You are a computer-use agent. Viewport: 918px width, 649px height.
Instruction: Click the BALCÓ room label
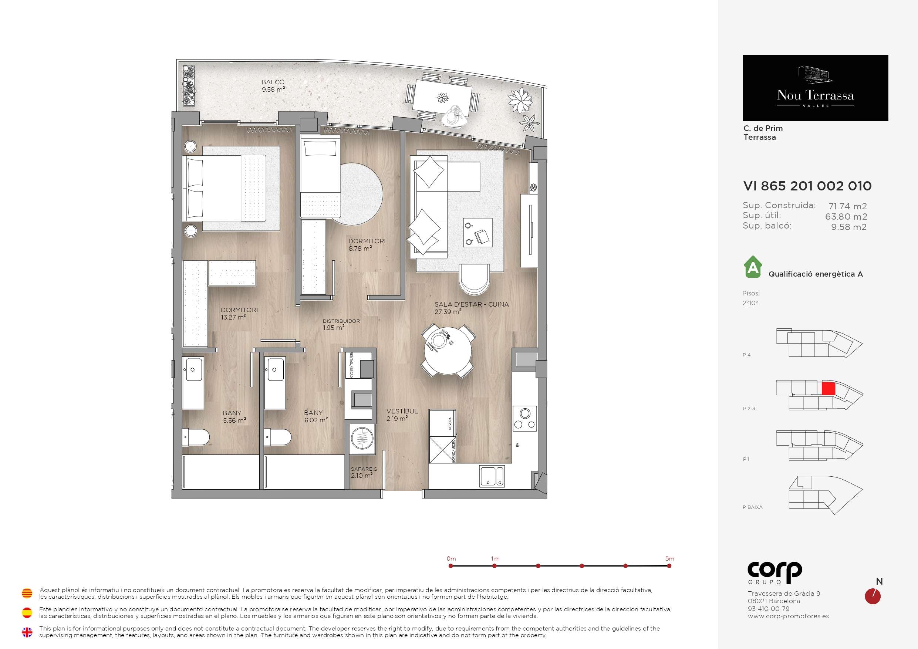click(273, 82)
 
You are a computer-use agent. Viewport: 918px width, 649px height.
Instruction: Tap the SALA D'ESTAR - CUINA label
click(472, 304)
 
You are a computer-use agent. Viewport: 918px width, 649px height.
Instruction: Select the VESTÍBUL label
click(402, 411)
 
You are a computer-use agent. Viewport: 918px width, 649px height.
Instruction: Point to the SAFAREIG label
click(364, 469)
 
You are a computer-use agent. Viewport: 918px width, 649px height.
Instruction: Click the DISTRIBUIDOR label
click(341, 321)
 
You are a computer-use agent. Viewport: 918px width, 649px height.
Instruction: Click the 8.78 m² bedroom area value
click(360, 249)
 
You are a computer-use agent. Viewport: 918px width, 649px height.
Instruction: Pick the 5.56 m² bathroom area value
click(234, 420)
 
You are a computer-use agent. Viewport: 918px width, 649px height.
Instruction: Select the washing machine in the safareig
click(362, 439)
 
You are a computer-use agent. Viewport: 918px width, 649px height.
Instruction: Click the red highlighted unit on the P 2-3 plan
click(828, 389)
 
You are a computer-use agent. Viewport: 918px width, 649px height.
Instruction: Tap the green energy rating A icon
click(753, 267)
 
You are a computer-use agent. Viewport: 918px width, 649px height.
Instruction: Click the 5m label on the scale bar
click(670, 559)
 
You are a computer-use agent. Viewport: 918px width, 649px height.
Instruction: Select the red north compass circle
click(873, 596)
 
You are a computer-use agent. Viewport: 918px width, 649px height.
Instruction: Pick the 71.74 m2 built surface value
click(848, 206)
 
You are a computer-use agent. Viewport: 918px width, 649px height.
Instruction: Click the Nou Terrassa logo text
click(815, 95)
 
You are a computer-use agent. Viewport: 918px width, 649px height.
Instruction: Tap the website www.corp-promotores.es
click(788, 616)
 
